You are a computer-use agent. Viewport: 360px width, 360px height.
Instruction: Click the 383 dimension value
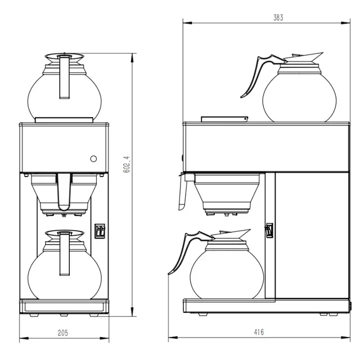(278, 17)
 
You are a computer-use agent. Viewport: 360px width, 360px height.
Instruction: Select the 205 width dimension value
(63, 332)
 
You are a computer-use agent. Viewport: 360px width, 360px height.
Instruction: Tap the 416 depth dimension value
(258, 332)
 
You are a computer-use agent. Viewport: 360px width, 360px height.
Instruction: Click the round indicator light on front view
(94, 159)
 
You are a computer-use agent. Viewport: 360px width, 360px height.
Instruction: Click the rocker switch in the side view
(269, 231)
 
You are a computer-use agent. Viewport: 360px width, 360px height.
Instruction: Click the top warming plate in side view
(224, 119)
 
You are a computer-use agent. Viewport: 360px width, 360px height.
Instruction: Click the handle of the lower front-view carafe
(64, 250)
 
